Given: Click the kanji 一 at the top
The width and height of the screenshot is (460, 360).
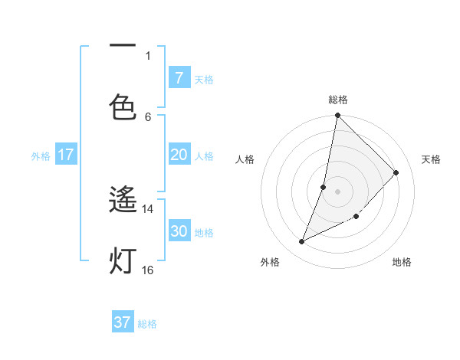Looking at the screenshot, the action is point(123,47).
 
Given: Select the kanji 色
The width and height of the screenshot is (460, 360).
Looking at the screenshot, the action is point(123,106).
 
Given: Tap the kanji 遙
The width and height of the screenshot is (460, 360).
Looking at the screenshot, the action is point(123,201).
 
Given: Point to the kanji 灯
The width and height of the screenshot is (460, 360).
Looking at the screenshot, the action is point(123,260).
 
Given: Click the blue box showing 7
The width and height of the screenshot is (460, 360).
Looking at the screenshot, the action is point(179,77).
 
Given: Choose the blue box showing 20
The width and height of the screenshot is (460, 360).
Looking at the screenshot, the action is point(179,155).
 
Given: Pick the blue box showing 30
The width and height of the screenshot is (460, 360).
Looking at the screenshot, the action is point(179,231).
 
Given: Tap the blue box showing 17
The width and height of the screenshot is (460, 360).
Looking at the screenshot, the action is point(66,155).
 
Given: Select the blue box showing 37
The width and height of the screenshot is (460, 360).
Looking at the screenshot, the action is point(123,322).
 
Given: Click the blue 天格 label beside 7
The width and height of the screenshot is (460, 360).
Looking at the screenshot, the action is point(204,79).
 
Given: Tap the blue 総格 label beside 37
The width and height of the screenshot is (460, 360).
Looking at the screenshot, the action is point(147,324).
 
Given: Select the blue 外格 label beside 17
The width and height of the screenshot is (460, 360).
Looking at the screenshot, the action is point(41,156).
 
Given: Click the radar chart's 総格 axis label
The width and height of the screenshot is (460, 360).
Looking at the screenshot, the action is point(338,100).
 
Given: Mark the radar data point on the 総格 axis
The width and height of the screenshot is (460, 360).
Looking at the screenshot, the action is point(337,116).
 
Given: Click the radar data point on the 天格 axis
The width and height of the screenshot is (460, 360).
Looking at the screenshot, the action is point(396,172).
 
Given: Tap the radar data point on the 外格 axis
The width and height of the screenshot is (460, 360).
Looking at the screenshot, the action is point(302,242).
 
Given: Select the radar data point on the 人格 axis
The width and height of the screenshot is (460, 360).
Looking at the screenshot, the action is point(324,187).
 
